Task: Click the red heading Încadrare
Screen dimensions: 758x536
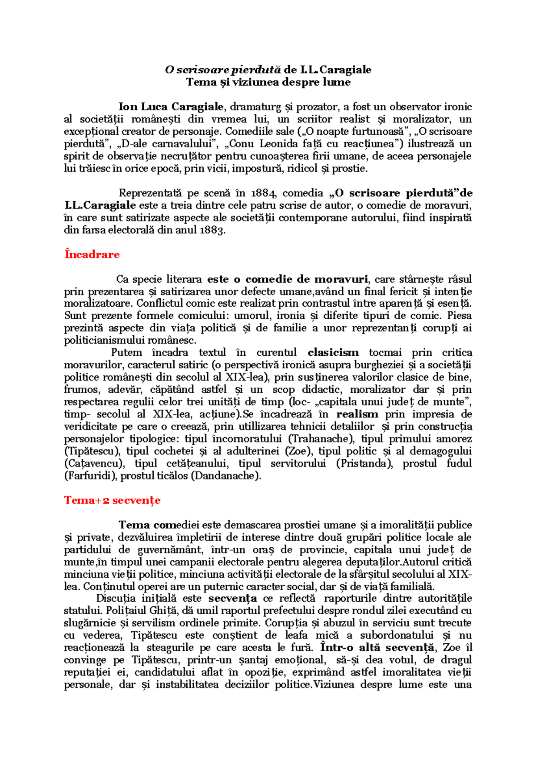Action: click(92, 254)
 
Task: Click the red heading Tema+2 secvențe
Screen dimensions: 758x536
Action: click(112, 500)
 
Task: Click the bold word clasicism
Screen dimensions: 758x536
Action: click(333, 353)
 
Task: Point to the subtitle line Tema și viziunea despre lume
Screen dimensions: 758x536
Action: click(268, 82)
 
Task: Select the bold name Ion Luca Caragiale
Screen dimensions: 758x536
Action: click(171, 107)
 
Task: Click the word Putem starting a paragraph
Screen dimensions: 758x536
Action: click(126, 353)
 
